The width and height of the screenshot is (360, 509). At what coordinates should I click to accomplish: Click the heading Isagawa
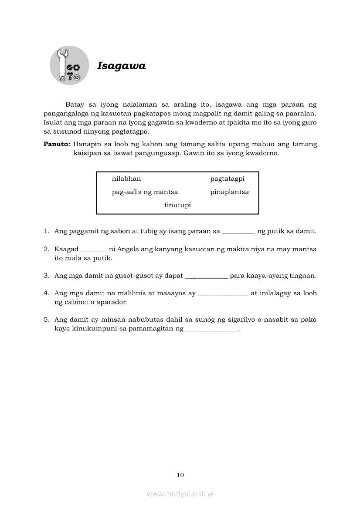[x=121, y=66]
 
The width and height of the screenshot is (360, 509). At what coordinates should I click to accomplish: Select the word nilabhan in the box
[x=126, y=179]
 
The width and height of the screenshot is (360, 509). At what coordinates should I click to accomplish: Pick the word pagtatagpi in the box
[x=227, y=179]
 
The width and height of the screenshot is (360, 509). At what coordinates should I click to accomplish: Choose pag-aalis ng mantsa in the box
[x=145, y=192]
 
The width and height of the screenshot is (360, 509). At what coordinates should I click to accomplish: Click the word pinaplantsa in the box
[x=229, y=192]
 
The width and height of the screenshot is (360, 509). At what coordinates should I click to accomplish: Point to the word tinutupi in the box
[x=177, y=205]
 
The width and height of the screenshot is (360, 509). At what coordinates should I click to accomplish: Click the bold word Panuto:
[x=57, y=144]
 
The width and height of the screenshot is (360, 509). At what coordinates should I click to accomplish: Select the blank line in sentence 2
[x=94, y=251]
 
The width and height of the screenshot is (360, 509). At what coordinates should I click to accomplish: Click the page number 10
[x=180, y=475]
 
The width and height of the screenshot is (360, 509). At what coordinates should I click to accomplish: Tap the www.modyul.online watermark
[x=180, y=494]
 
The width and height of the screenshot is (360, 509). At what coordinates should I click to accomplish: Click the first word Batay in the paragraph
[x=74, y=104]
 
